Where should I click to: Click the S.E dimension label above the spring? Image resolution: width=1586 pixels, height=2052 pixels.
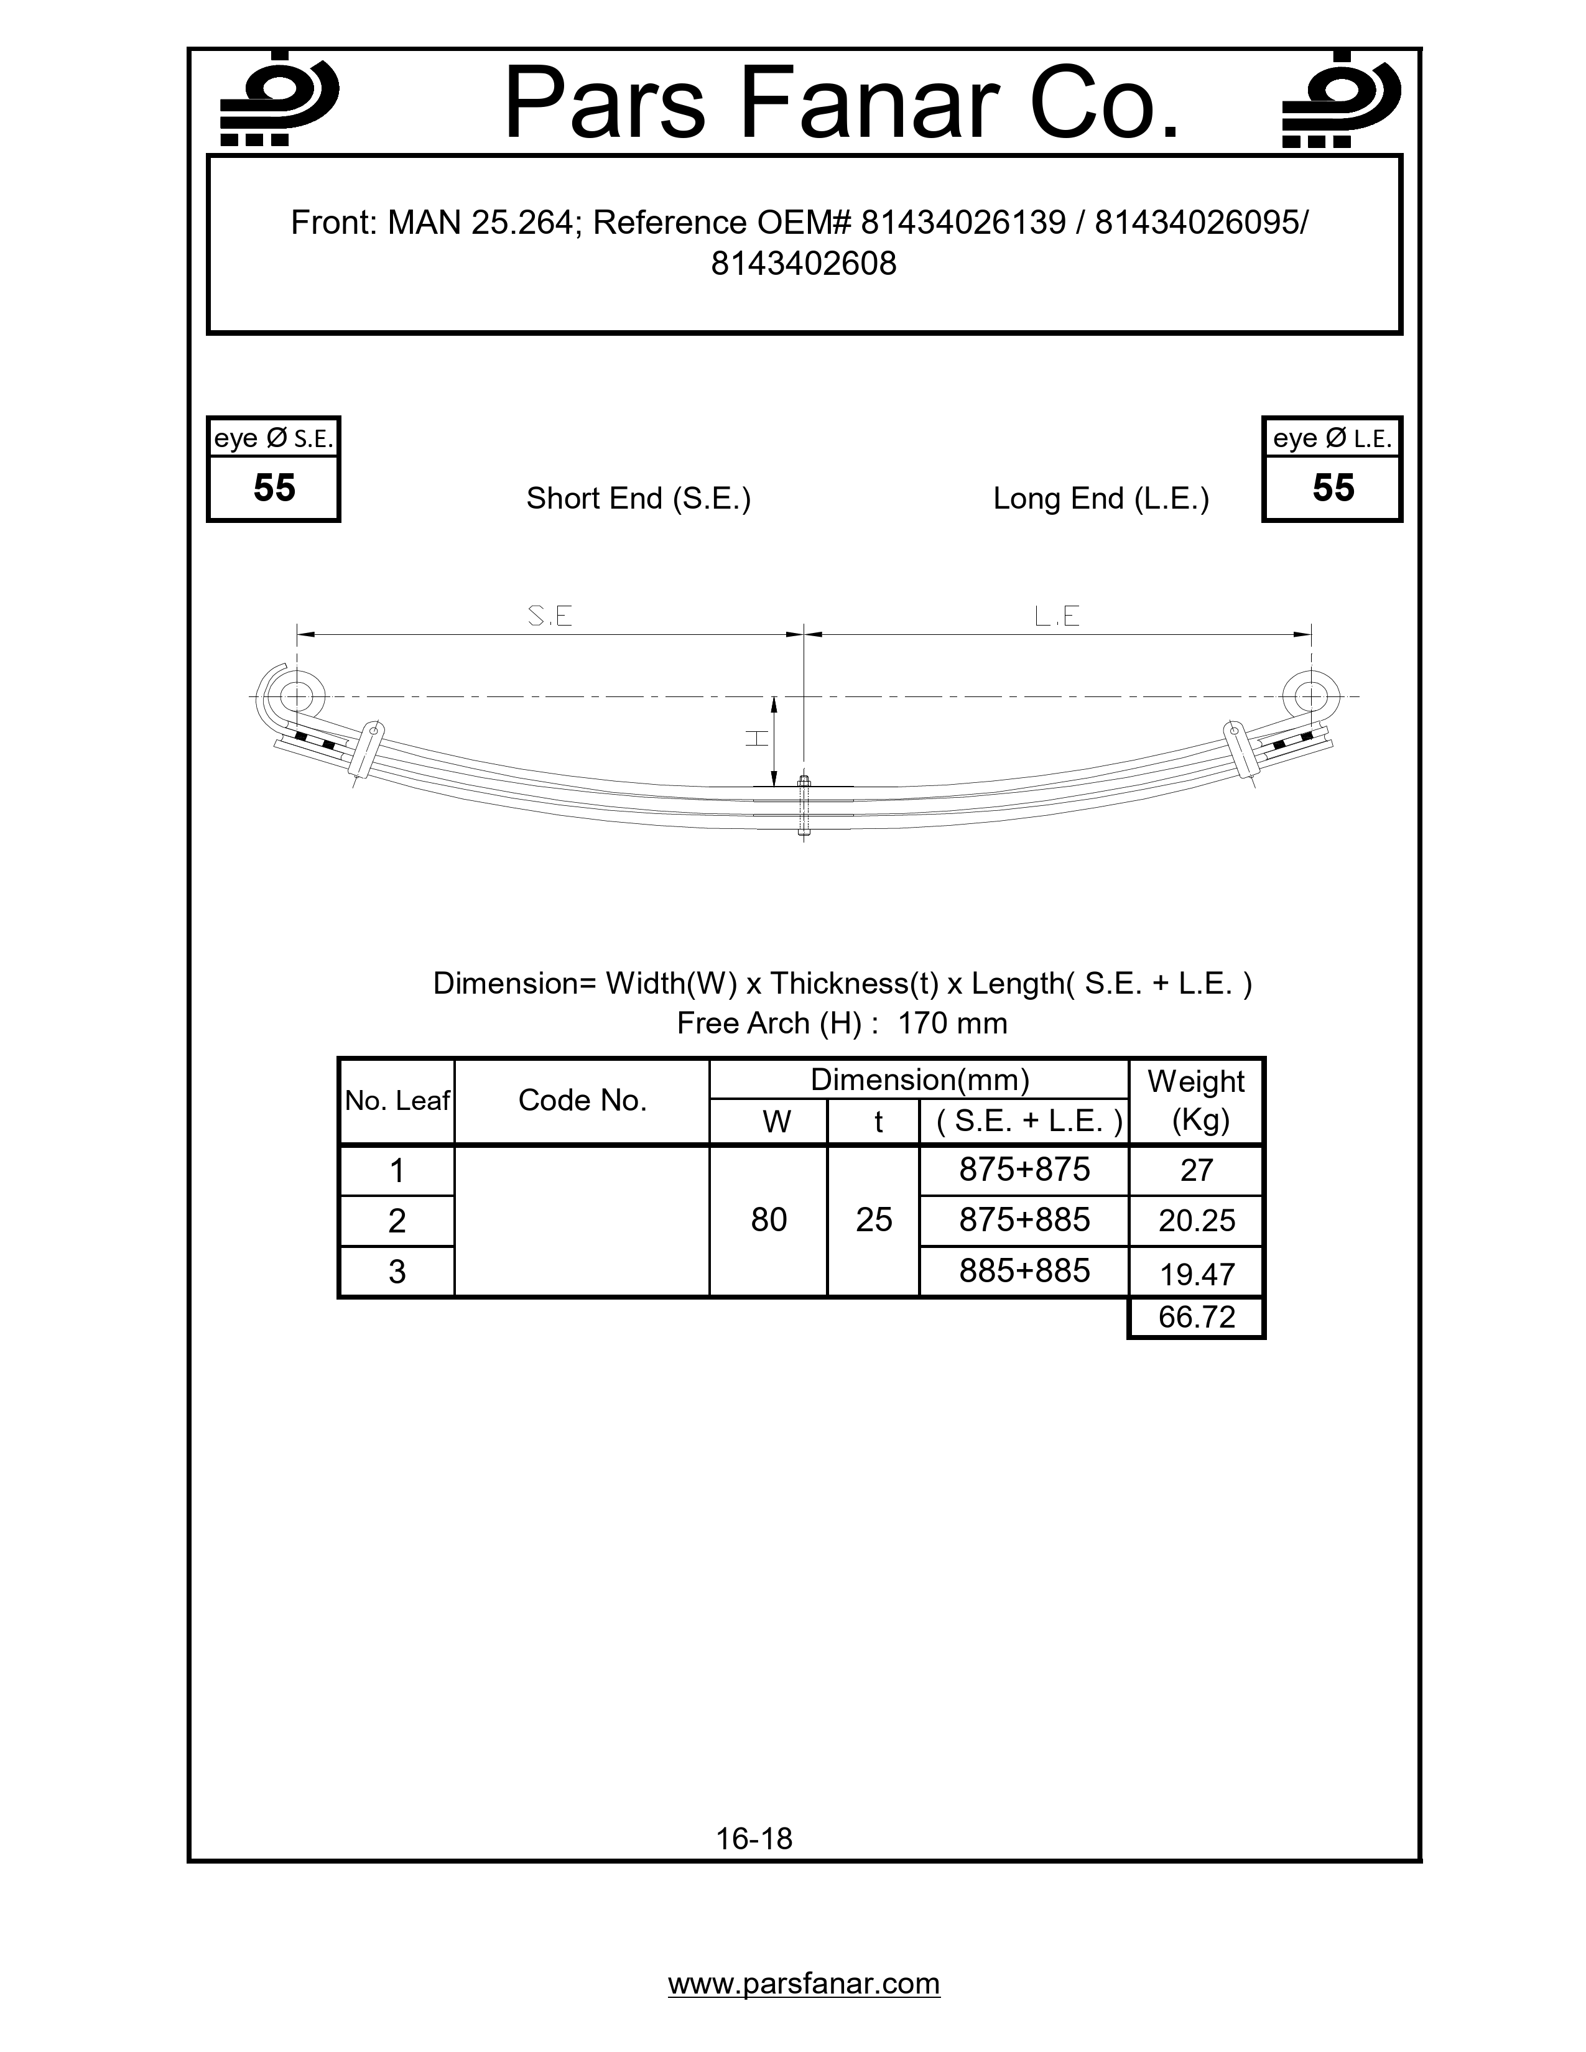(x=550, y=616)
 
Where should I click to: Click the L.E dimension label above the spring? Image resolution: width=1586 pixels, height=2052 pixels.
(x=1057, y=616)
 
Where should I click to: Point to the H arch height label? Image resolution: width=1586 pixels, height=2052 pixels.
(x=756, y=739)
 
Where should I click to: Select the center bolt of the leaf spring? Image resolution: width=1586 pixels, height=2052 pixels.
(x=804, y=806)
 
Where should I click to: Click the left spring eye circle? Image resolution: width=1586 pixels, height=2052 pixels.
(x=297, y=697)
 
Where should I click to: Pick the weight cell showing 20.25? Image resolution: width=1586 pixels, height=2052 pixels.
(x=1196, y=1221)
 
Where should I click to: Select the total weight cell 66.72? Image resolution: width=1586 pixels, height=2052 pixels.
(x=1196, y=1317)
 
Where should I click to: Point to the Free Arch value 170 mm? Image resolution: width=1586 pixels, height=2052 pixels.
(x=952, y=1023)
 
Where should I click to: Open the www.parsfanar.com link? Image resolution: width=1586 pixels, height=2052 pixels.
(x=804, y=1984)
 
